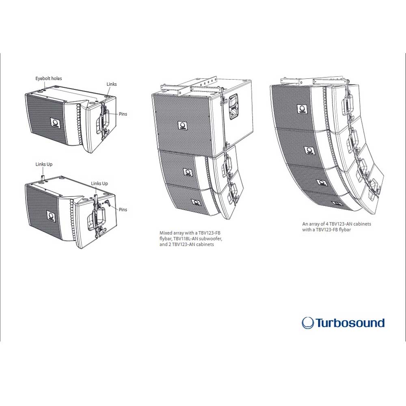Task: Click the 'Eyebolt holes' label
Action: [49, 78]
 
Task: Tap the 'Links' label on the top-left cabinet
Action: [112, 84]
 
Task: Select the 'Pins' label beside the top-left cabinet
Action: [123, 114]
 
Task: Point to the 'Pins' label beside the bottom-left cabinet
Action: [123, 209]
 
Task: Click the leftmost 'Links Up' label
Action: [44, 164]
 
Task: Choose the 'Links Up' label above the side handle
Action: [99, 184]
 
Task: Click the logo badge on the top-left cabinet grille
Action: [55, 123]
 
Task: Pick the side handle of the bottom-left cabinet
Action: [97, 220]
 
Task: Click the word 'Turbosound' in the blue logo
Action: [350, 323]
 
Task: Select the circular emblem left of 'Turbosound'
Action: [308, 323]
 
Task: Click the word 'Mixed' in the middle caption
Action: [165, 233]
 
